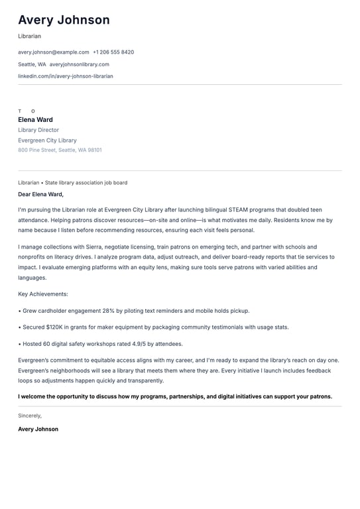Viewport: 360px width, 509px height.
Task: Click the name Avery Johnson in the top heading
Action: click(x=64, y=21)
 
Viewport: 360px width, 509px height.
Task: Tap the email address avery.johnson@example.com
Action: click(x=54, y=52)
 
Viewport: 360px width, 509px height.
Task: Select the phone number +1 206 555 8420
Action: click(x=113, y=52)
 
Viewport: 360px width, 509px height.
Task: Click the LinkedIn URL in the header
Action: click(x=66, y=76)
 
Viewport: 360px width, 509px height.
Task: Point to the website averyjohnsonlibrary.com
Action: click(x=80, y=64)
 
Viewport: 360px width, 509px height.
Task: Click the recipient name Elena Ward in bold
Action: click(x=35, y=120)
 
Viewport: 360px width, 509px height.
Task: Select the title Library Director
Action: click(x=38, y=131)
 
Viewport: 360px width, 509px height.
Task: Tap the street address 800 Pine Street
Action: click(x=37, y=150)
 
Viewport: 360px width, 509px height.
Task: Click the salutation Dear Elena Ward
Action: click(x=40, y=194)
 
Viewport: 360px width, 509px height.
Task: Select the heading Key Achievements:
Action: click(x=43, y=294)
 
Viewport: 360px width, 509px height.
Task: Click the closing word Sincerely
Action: click(x=30, y=416)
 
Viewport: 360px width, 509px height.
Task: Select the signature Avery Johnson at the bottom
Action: click(x=38, y=429)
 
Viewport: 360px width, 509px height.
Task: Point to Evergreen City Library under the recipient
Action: click(x=47, y=141)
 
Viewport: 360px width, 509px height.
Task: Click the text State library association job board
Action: click(x=86, y=182)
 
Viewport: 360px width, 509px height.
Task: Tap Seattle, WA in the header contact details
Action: click(x=32, y=64)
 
